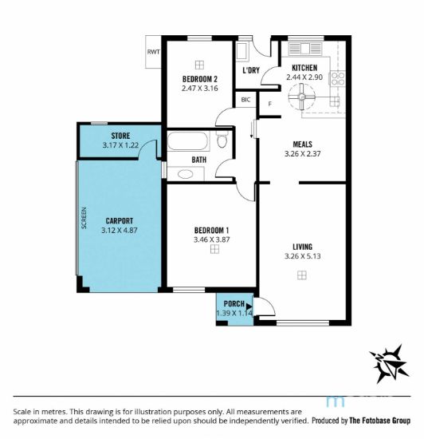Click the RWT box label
point(153,52)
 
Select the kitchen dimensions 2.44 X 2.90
point(304,77)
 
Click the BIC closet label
point(245,101)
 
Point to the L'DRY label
point(250,71)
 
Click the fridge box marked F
point(269,102)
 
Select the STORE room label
point(121,136)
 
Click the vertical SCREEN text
point(84,219)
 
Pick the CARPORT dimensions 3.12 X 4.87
point(120,231)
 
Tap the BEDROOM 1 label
point(211,230)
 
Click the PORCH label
point(234,304)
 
